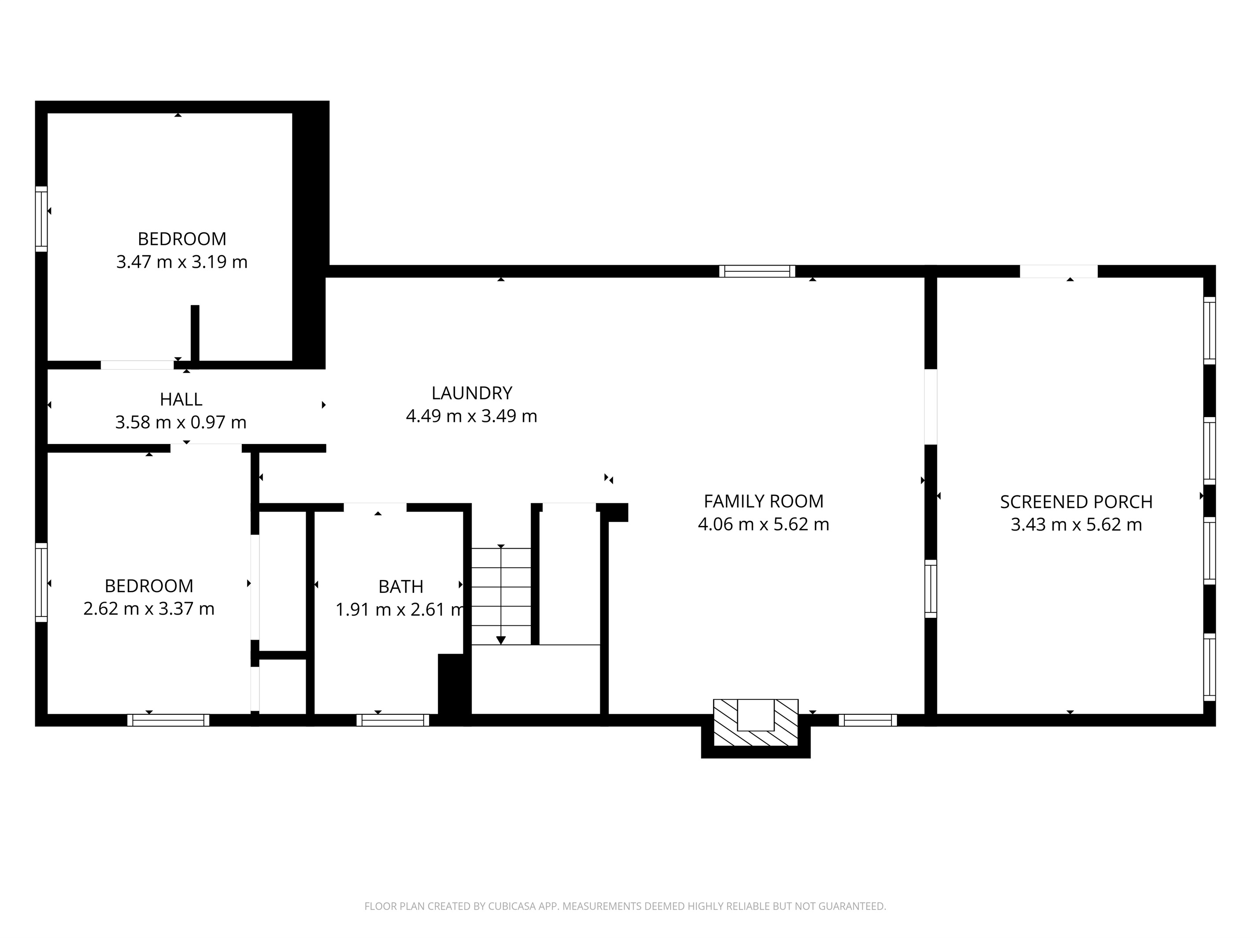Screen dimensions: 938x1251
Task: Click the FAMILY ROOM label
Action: click(x=763, y=502)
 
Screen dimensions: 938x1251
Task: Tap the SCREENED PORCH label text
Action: click(x=1076, y=502)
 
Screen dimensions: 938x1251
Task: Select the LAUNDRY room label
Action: click(x=472, y=393)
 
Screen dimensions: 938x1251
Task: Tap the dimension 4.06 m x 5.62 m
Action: click(x=763, y=524)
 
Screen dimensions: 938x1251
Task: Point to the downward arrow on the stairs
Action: click(x=500, y=639)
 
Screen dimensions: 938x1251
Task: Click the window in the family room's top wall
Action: click(x=757, y=271)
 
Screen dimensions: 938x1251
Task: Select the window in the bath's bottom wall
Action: click(x=392, y=720)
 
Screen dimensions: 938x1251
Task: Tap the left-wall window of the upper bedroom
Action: click(x=41, y=219)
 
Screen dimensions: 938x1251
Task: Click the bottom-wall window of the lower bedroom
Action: click(x=168, y=720)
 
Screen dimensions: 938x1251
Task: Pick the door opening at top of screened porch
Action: click(x=1058, y=271)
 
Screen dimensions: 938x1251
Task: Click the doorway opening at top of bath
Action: click(x=374, y=507)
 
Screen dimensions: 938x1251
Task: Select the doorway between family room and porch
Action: click(x=930, y=407)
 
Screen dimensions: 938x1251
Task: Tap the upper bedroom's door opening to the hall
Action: click(x=137, y=365)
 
